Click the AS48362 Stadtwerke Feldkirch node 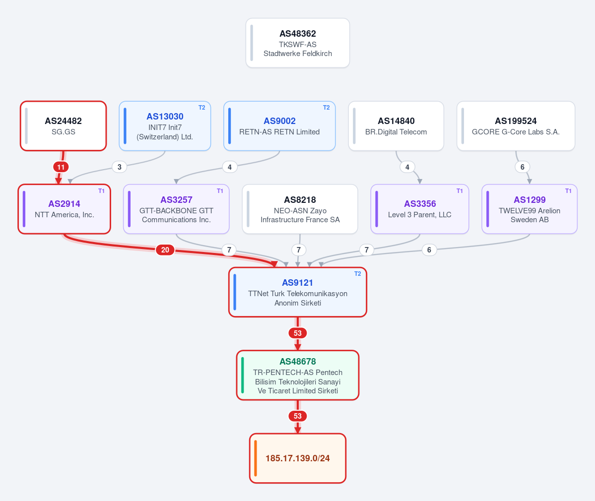click(x=298, y=43)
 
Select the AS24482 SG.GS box click(x=64, y=126)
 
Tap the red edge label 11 click(x=61, y=167)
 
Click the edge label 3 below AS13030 click(x=120, y=167)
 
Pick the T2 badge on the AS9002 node click(x=327, y=108)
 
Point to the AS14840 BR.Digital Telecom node click(x=396, y=126)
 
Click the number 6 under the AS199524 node click(x=523, y=167)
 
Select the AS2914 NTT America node click(x=65, y=209)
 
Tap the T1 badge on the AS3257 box click(x=220, y=191)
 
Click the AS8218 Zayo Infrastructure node click(x=300, y=209)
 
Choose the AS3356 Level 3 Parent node click(x=420, y=209)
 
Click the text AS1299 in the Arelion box click(x=529, y=200)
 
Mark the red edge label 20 click(x=165, y=250)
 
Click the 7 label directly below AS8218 click(x=299, y=250)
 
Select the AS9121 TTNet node click(x=298, y=292)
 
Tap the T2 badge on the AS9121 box click(x=357, y=274)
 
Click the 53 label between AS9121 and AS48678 click(x=298, y=333)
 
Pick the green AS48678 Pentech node click(x=298, y=375)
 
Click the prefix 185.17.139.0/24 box click(x=298, y=458)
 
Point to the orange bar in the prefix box click(x=256, y=458)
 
